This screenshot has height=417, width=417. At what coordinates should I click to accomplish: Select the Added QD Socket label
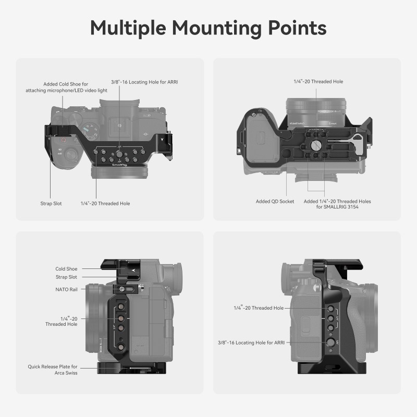click(275, 201)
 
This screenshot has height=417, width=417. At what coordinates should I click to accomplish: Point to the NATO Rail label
click(67, 289)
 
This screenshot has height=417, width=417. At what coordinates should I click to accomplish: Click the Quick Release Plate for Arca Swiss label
click(53, 370)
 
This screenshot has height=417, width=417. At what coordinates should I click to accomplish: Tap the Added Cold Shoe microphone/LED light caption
click(66, 87)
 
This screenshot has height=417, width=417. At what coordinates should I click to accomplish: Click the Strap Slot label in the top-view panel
click(51, 203)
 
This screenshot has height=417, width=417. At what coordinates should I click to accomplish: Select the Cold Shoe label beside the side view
click(66, 269)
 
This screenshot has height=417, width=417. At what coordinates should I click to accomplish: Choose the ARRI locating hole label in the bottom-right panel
click(251, 342)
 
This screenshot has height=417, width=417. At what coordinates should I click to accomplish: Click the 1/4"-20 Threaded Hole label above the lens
click(318, 81)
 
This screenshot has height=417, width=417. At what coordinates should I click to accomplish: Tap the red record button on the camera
click(63, 140)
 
